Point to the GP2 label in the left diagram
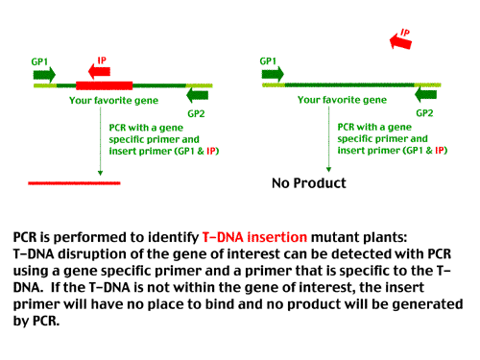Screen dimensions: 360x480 point(197,111)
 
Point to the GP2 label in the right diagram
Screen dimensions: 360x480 point(423,111)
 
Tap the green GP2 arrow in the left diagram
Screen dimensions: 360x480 point(197,95)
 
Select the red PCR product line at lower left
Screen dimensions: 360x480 point(75,181)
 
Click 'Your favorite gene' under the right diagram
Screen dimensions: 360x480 point(337,98)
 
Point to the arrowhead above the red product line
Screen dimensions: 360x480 point(100,173)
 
